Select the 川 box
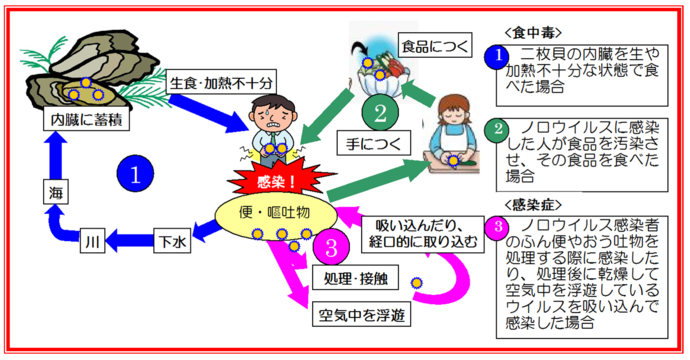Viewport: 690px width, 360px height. [x=91, y=241]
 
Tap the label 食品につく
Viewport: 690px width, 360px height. [x=431, y=46]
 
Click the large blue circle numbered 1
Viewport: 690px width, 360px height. [x=133, y=173]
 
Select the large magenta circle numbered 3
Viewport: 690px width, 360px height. [x=330, y=245]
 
